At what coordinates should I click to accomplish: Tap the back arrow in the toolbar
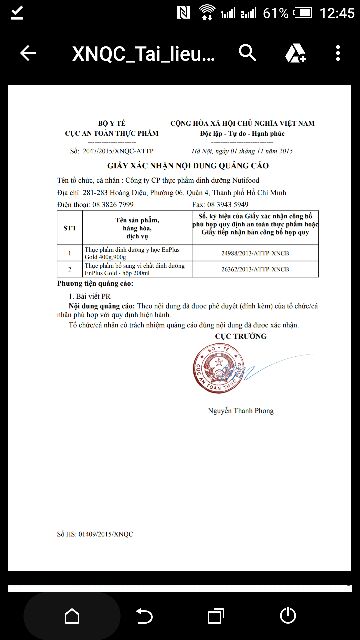(28, 53)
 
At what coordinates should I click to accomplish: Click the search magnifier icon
(249, 53)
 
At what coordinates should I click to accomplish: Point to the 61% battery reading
(276, 13)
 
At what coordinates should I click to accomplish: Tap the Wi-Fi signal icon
(208, 13)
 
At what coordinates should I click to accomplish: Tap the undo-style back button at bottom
(144, 614)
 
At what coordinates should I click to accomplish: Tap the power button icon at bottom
(288, 614)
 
